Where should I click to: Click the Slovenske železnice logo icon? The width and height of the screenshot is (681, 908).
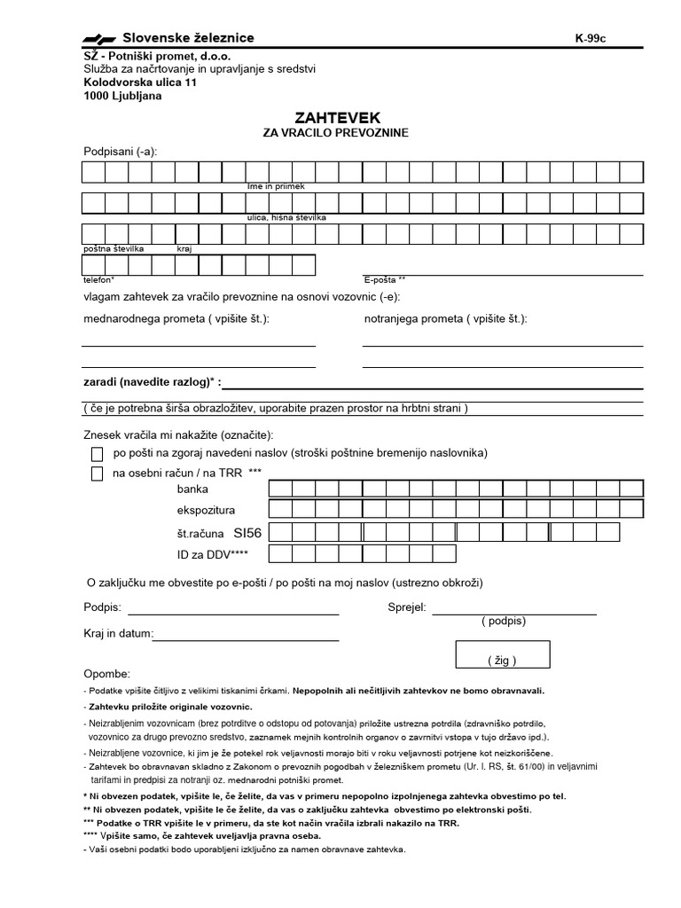click(99, 38)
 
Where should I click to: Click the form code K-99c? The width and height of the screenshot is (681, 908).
click(591, 38)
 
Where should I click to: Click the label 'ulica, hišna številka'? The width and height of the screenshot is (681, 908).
click(286, 217)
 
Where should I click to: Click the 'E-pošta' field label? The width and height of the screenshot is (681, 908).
click(383, 278)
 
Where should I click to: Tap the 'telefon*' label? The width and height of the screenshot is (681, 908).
click(98, 278)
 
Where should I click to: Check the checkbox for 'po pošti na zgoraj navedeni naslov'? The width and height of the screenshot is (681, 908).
click(98, 453)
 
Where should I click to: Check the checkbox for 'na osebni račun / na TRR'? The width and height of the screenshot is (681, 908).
click(98, 474)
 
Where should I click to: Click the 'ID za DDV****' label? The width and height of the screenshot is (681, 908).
click(213, 554)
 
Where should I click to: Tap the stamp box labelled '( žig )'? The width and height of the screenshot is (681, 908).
click(502, 654)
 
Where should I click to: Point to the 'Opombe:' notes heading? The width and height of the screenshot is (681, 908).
click(106, 674)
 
